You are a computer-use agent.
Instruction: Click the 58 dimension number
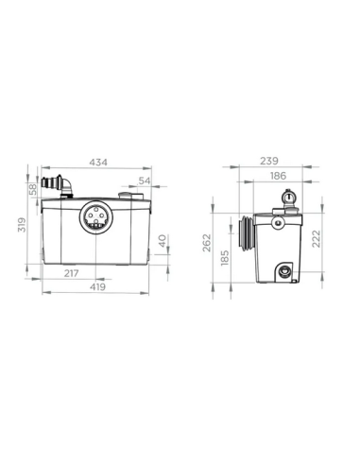(x=34, y=189)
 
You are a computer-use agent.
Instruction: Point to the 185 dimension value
(x=226, y=256)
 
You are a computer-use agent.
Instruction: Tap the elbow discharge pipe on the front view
(x=62, y=184)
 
